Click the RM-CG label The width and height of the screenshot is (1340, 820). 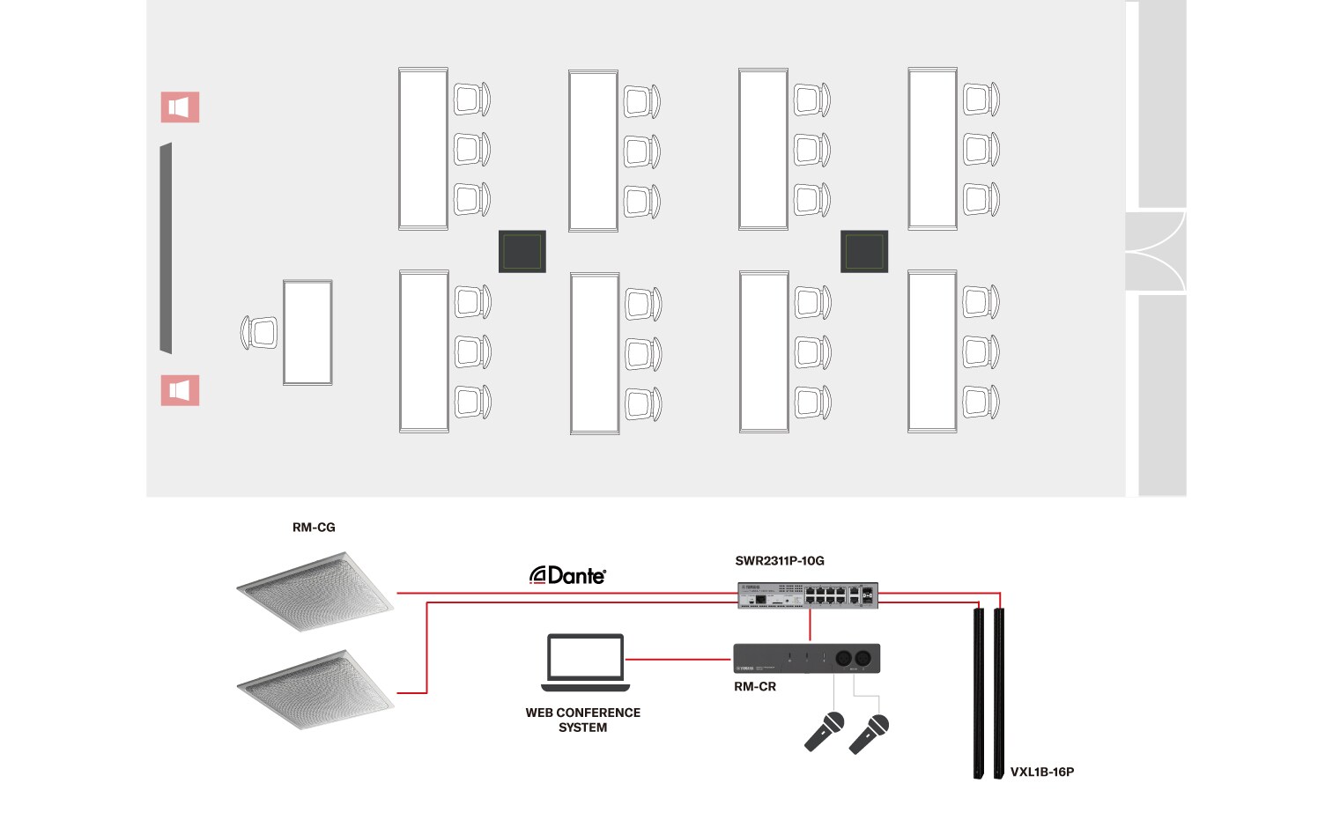[314, 528]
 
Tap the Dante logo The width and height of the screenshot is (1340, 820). [567, 576]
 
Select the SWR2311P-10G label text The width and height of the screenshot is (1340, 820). [780, 561]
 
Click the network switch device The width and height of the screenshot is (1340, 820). [807, 596]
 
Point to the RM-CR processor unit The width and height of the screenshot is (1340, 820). [806, 659]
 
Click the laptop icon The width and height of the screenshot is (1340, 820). [585, 662]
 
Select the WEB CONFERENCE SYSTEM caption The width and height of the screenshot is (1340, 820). [582, 720]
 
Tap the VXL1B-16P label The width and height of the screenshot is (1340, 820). [1041, 772]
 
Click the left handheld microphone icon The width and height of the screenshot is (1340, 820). [825, 732]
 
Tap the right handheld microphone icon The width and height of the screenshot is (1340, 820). [869, 734]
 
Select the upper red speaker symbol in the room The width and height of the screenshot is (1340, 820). [180, 107]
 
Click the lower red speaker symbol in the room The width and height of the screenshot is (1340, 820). [180, 390]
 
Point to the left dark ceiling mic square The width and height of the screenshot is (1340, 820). [522, 252]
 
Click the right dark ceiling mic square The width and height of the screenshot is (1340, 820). [863, 252]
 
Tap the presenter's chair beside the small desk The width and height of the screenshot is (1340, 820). [260, 333]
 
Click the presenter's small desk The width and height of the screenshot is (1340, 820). [307, 332]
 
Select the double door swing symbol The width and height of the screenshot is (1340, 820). [1156, 251]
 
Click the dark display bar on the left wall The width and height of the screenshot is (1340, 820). [166, 248]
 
